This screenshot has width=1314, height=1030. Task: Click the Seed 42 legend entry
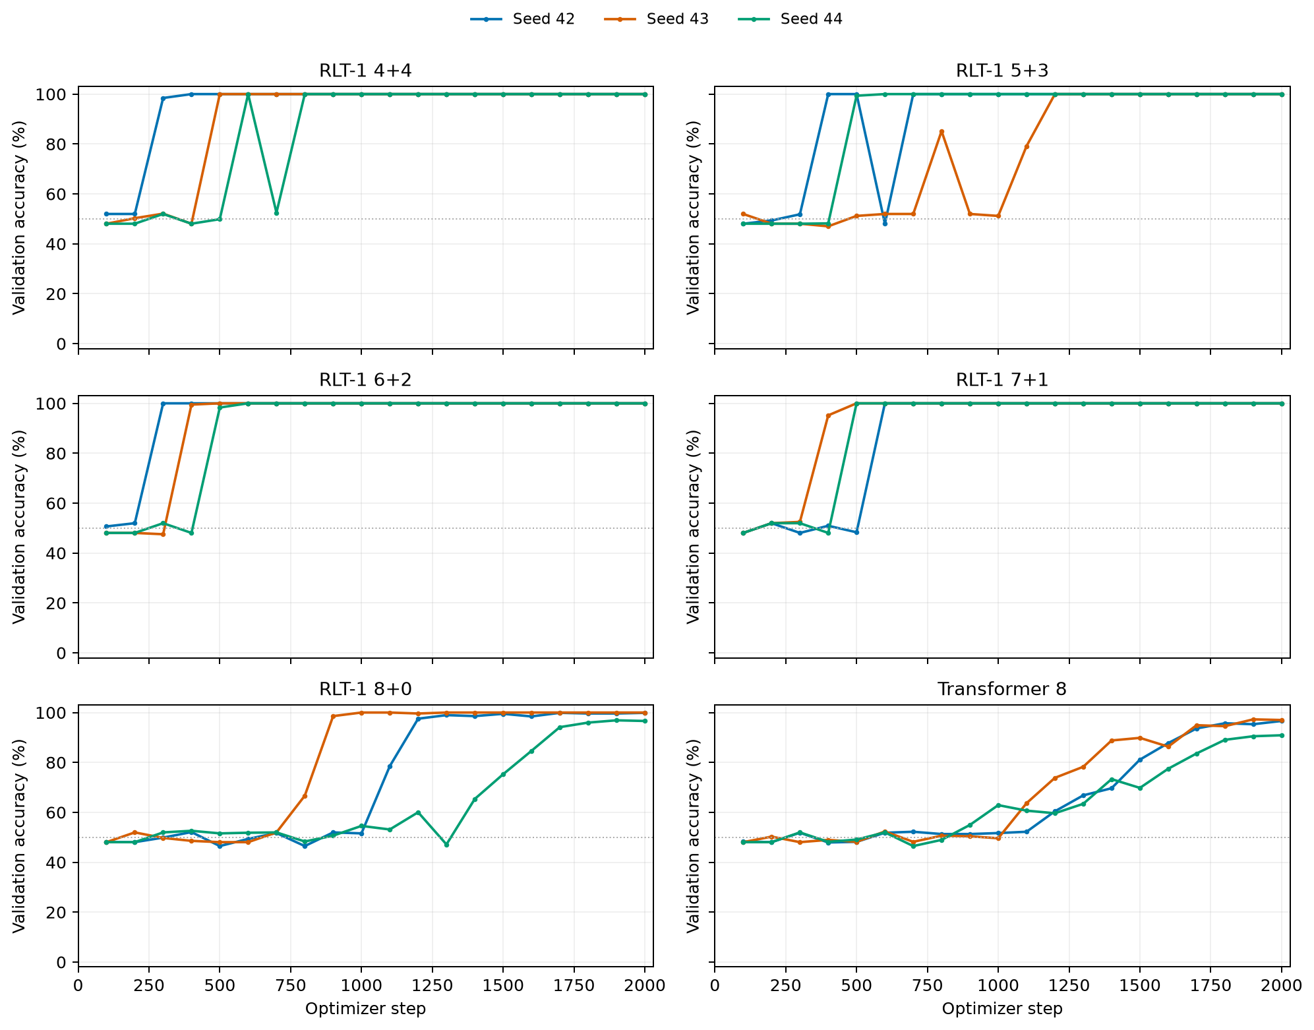pos(522,19)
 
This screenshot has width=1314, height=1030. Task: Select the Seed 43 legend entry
pos(656,19)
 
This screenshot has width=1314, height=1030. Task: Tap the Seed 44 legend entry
pos(790,19)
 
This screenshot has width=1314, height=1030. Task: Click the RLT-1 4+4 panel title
pos(365,71)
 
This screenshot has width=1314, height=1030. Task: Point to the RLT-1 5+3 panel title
pos(1002,71)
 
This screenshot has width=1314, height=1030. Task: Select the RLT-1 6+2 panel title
pos(365,380)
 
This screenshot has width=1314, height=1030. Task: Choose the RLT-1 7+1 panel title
pos(1002,380)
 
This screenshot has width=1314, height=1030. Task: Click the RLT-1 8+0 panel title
pos(365,690)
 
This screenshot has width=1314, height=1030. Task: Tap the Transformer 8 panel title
pos(1002,690)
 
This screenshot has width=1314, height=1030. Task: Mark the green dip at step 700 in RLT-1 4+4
pos(276,213)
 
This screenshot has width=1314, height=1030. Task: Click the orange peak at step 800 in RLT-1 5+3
pos(941,131)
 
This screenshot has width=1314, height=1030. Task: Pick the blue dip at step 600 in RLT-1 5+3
pos(885,224)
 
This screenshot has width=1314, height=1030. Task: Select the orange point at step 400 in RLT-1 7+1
pos(828,415)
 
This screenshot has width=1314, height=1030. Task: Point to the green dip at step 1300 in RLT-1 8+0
pos(446,845)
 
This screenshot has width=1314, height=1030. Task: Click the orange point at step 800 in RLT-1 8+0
pos(305,796)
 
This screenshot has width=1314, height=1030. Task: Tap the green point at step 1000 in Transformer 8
pos(998,805)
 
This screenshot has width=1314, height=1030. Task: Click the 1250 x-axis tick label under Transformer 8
pos(1069,985)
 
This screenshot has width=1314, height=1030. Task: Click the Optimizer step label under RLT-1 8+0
pos(365,1009)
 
